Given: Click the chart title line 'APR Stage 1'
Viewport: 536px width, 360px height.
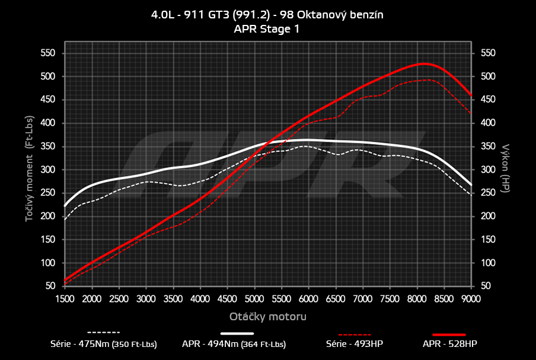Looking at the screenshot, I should point(267,28).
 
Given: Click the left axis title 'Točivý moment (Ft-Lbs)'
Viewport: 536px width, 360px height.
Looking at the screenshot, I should point(29,169).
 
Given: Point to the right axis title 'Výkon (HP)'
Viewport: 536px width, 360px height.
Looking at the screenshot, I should point(505,169).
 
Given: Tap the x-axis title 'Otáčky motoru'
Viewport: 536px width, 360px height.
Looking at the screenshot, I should point(267,317).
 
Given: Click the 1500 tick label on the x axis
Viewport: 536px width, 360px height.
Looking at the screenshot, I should point(65,298).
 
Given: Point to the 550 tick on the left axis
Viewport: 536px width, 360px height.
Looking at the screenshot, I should point(47,53).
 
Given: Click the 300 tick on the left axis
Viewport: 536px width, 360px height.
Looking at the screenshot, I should point(47,170).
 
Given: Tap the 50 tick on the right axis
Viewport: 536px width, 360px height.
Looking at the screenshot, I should point(484,286).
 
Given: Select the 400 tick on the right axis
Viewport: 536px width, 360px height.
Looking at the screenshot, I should point(487,123).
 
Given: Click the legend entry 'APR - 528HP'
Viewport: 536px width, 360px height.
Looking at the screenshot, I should point(449,343).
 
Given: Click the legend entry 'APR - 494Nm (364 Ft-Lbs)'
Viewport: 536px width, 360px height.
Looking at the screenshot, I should point(234,343).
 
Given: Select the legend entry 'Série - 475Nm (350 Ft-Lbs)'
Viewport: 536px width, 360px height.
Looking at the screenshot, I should point(104,343).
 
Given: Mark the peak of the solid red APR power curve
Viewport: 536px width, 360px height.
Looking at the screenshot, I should point(423,63).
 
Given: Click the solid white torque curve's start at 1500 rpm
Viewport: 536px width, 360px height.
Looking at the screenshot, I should point(65,206).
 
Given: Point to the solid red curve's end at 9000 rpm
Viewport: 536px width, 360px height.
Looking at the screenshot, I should point(471,95).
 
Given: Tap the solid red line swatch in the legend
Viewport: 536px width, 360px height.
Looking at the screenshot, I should point(449,334).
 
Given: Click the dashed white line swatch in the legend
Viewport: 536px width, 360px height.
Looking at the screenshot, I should point(104,332).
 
